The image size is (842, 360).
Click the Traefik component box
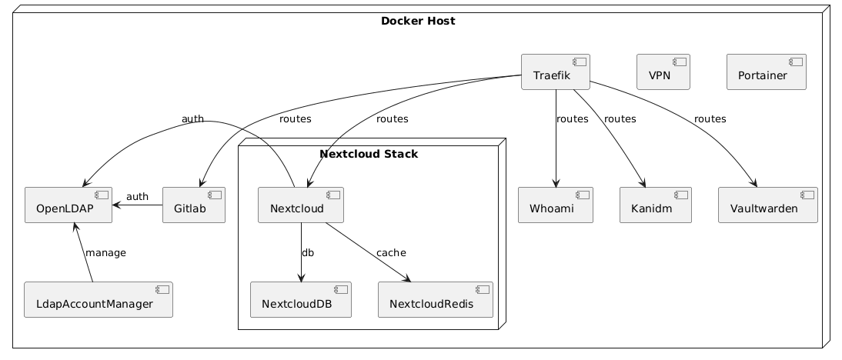555,72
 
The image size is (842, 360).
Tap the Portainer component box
767,72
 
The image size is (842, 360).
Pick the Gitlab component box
194,205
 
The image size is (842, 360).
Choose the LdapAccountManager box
99,300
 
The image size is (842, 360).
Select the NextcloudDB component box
301,300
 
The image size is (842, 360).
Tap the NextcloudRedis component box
435,300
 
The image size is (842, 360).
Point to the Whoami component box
556,205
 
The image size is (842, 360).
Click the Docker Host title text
418,21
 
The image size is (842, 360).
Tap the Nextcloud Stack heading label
369,154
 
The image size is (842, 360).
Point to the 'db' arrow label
308,252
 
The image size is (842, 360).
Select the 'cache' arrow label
392,252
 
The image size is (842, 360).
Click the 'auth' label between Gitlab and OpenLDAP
137,197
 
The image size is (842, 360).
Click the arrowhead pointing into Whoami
556,182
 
